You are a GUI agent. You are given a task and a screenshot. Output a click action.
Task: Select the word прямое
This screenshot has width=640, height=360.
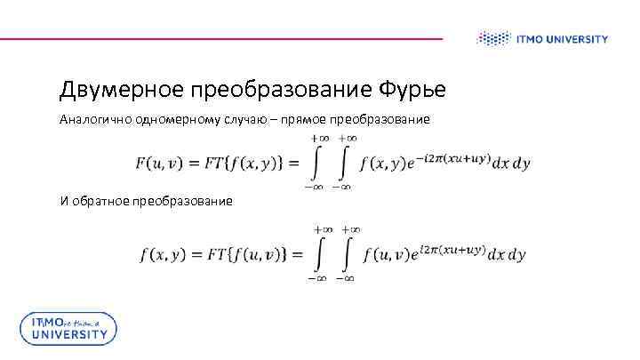[x=302, y=119]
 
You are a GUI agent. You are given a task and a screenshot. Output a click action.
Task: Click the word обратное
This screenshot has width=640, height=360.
[x=102, y=201]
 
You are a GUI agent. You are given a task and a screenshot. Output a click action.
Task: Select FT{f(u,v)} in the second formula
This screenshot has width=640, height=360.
[x=244, y=254]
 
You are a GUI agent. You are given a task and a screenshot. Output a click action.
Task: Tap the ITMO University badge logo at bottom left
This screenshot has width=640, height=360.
[x=68, y=328]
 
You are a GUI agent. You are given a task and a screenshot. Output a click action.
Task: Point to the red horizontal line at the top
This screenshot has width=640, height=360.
[x=222, y=38]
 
